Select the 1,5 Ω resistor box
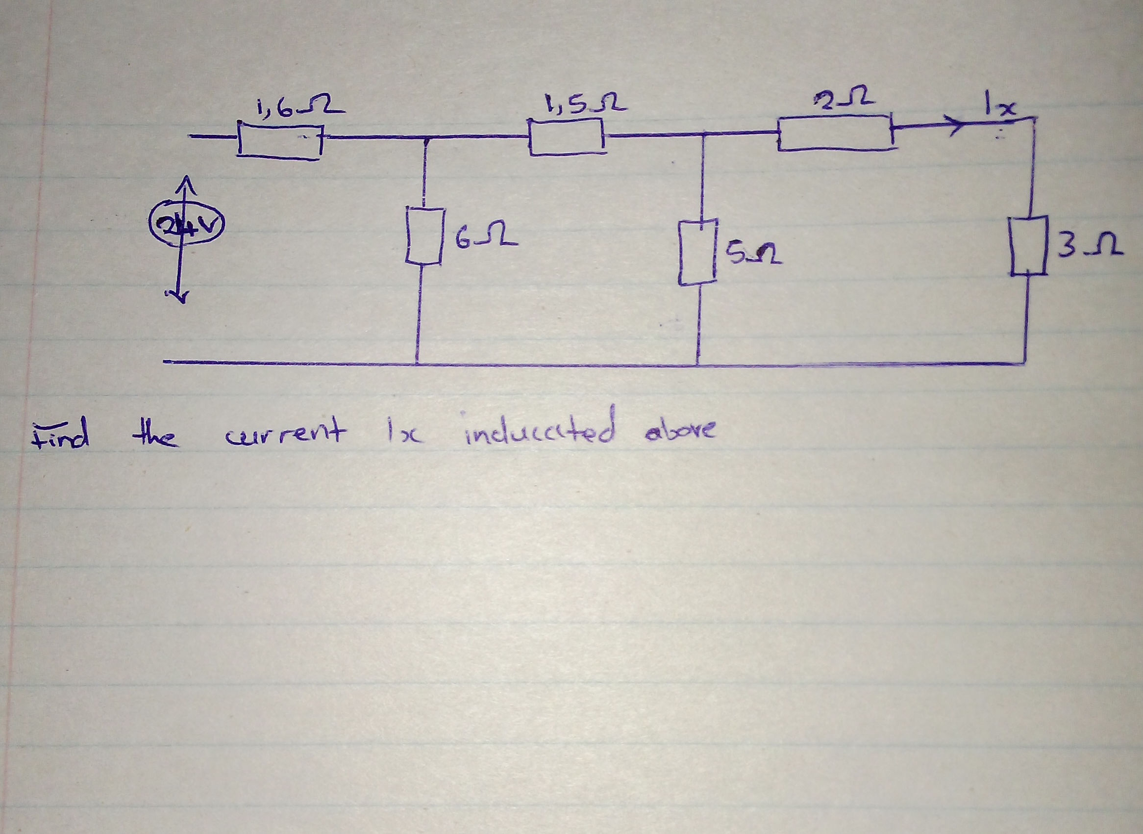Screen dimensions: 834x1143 pyautogui.click(x=566, y=136)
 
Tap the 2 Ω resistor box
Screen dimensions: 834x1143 pyautogui.click(x=836, y=132)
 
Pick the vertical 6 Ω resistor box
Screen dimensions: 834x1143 pyautogui.click(x=424, y=236)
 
